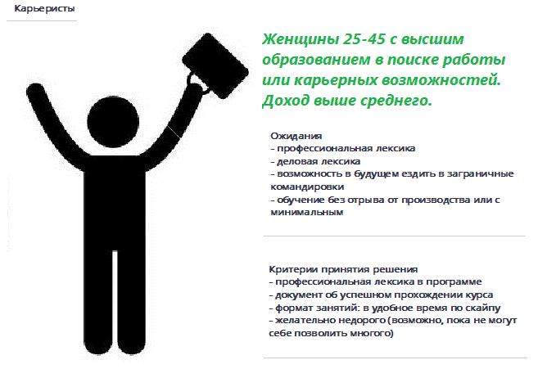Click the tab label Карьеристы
click(x=44, y=8)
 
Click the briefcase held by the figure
click(x=215, y=65)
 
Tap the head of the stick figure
click(x=113, y=122)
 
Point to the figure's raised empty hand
click(x=35, y=91)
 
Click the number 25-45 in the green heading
click(x=364, y=39)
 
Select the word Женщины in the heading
click(x=301, y=40)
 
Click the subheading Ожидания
click(x=296, y=136)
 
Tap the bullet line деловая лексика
click(x=315, y=161)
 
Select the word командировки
click(x=307, y=187)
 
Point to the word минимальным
click(x=307, y=212)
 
